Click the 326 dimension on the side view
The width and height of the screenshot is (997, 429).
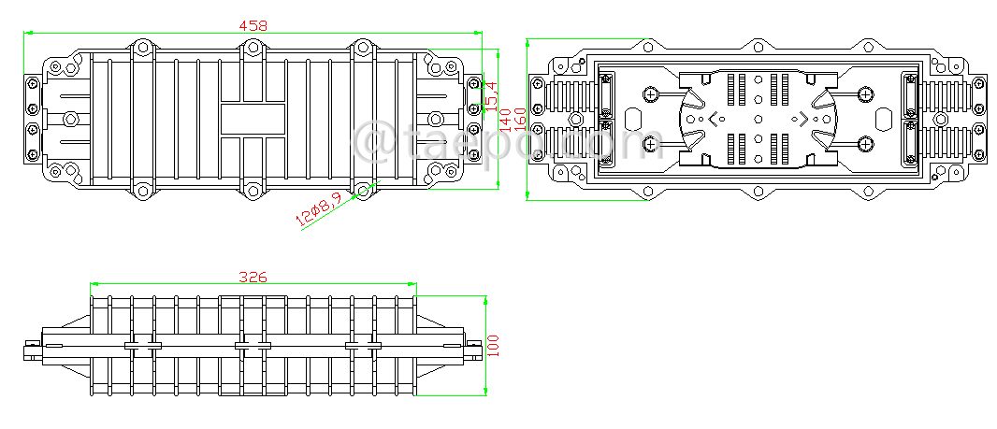[253, 277]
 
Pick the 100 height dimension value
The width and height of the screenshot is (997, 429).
[493, 346]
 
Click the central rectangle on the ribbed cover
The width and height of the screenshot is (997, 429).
[253, 119]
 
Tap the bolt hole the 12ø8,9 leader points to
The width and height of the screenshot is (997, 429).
[362, 192]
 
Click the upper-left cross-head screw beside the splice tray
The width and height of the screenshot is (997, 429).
[652, 93]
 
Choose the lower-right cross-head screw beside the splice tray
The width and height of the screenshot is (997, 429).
[865, 143]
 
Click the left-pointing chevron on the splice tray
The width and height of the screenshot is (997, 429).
[715, 119]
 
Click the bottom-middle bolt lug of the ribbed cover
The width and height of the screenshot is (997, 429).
[251, 192]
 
